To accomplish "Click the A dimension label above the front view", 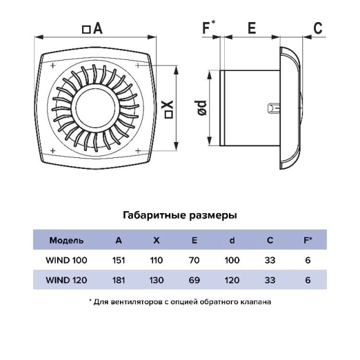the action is (92, 29).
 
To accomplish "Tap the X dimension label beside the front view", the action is (169, 109).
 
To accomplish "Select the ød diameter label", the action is (202, 108).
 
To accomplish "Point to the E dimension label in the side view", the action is (252, 28).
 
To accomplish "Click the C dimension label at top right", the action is (318, 28).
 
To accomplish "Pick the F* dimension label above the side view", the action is (208, 27).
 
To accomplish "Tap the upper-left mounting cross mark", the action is (53, 66).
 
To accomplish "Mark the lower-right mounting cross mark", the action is (138, 151).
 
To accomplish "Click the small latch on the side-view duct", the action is (274, 108).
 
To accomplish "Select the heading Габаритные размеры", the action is (180, 216).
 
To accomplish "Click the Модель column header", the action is (66, 241).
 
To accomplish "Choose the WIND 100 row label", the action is (66, 260).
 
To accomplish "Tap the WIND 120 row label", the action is (66, 280).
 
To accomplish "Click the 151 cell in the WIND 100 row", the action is (119, 260).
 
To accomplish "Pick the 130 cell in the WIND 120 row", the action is (156, 280).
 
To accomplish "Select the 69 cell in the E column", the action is (194, 280).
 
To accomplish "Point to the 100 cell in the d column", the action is (232, 260).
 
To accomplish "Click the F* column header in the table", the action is (308, 240).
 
